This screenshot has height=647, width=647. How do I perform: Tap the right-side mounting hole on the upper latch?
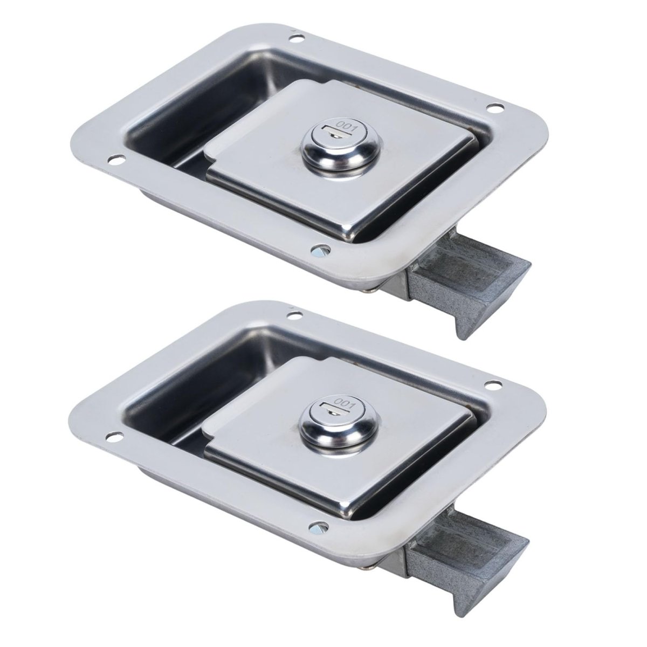click(493, 118)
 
